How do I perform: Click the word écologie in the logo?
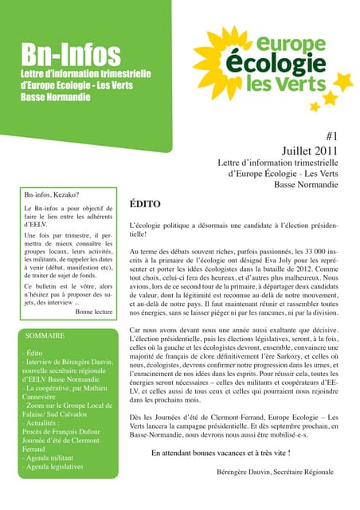pos(272,63)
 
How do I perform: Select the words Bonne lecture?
pos(95,312)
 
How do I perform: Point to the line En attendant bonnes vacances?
pos(220,453)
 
